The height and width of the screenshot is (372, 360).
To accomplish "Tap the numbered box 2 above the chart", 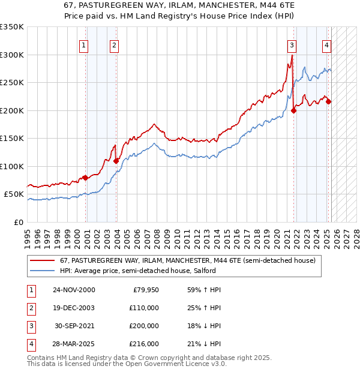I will coord(114,44).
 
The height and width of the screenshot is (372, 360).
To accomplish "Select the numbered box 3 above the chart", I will coord(292,44).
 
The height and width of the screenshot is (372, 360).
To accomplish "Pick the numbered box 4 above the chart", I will coord(326,44).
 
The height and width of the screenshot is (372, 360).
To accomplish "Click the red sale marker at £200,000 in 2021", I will coord(294,110).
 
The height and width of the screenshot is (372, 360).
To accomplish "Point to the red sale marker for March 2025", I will coord(329,101).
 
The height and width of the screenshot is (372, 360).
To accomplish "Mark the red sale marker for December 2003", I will coord(116,161).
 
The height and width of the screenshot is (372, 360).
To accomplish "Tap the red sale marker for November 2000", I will coord(85,178).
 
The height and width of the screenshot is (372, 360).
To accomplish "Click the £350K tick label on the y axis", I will coord(12,27).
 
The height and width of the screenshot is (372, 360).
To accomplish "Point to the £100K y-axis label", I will coord(12,166).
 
